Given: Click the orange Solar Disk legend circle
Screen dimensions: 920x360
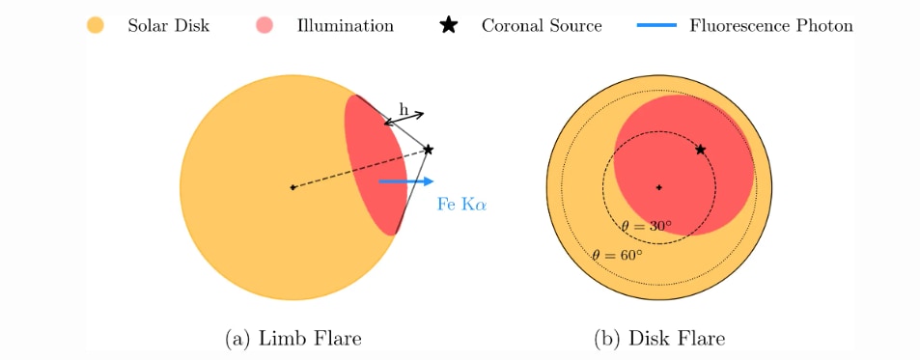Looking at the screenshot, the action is coord(95,25).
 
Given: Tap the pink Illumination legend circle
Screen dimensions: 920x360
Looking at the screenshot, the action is coord(265,25).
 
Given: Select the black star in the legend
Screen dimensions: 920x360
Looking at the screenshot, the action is coord(449,25).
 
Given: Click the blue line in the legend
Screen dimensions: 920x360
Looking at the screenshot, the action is coord(656,25).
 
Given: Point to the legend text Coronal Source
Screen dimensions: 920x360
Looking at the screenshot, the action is coord(542,26).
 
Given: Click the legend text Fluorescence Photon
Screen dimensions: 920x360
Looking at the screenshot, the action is coord(771,26).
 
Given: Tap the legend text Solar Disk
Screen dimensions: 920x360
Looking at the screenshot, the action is coord(168,26).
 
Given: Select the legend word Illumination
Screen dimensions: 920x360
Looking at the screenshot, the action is coord(345,26).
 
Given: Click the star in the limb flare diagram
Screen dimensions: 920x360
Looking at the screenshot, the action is coord(429,150).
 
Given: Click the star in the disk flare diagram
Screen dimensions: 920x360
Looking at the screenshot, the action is coord(700,150).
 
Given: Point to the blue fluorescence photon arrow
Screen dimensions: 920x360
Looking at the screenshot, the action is coord(406,181).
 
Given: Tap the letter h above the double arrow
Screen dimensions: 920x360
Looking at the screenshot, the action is coord(404,109).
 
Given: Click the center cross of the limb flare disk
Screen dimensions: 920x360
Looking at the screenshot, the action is coord(293,187).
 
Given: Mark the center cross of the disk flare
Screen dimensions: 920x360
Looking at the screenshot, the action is coord(659,187).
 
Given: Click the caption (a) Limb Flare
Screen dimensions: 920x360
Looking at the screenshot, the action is coord(293,339).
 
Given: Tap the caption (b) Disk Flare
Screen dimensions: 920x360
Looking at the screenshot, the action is coord(659,339).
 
